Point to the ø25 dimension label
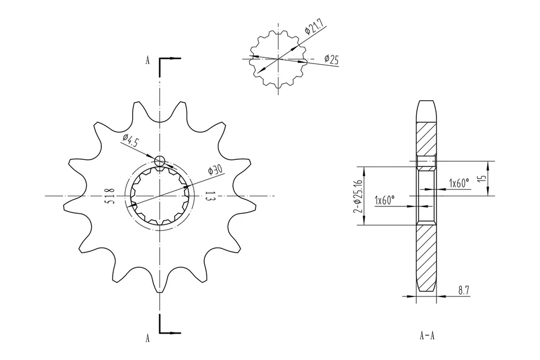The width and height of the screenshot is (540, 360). pyautogui.click(x=331, y=59)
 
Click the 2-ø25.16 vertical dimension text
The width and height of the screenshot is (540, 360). pyautogui.click(x=357, y=197)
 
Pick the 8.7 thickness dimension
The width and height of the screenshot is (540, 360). pyautogui.click(x=463, y=290)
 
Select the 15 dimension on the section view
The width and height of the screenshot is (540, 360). pyautogui.click(x=481, y=178)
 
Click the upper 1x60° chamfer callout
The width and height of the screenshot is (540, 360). pyautogui.click(x=458, y=183)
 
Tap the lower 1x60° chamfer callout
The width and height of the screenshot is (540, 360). pyautogui.click(x=385, y=200)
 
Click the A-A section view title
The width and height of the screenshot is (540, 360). pyautogui.click(x=427, y=336)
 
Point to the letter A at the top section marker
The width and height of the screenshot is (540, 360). pyautogui.click(x=147, y=61)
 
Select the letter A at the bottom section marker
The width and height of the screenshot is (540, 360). pyautogui.click(x=147, y=338)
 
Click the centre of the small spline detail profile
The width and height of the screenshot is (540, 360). pyautogui.click(x=278, y=58)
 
